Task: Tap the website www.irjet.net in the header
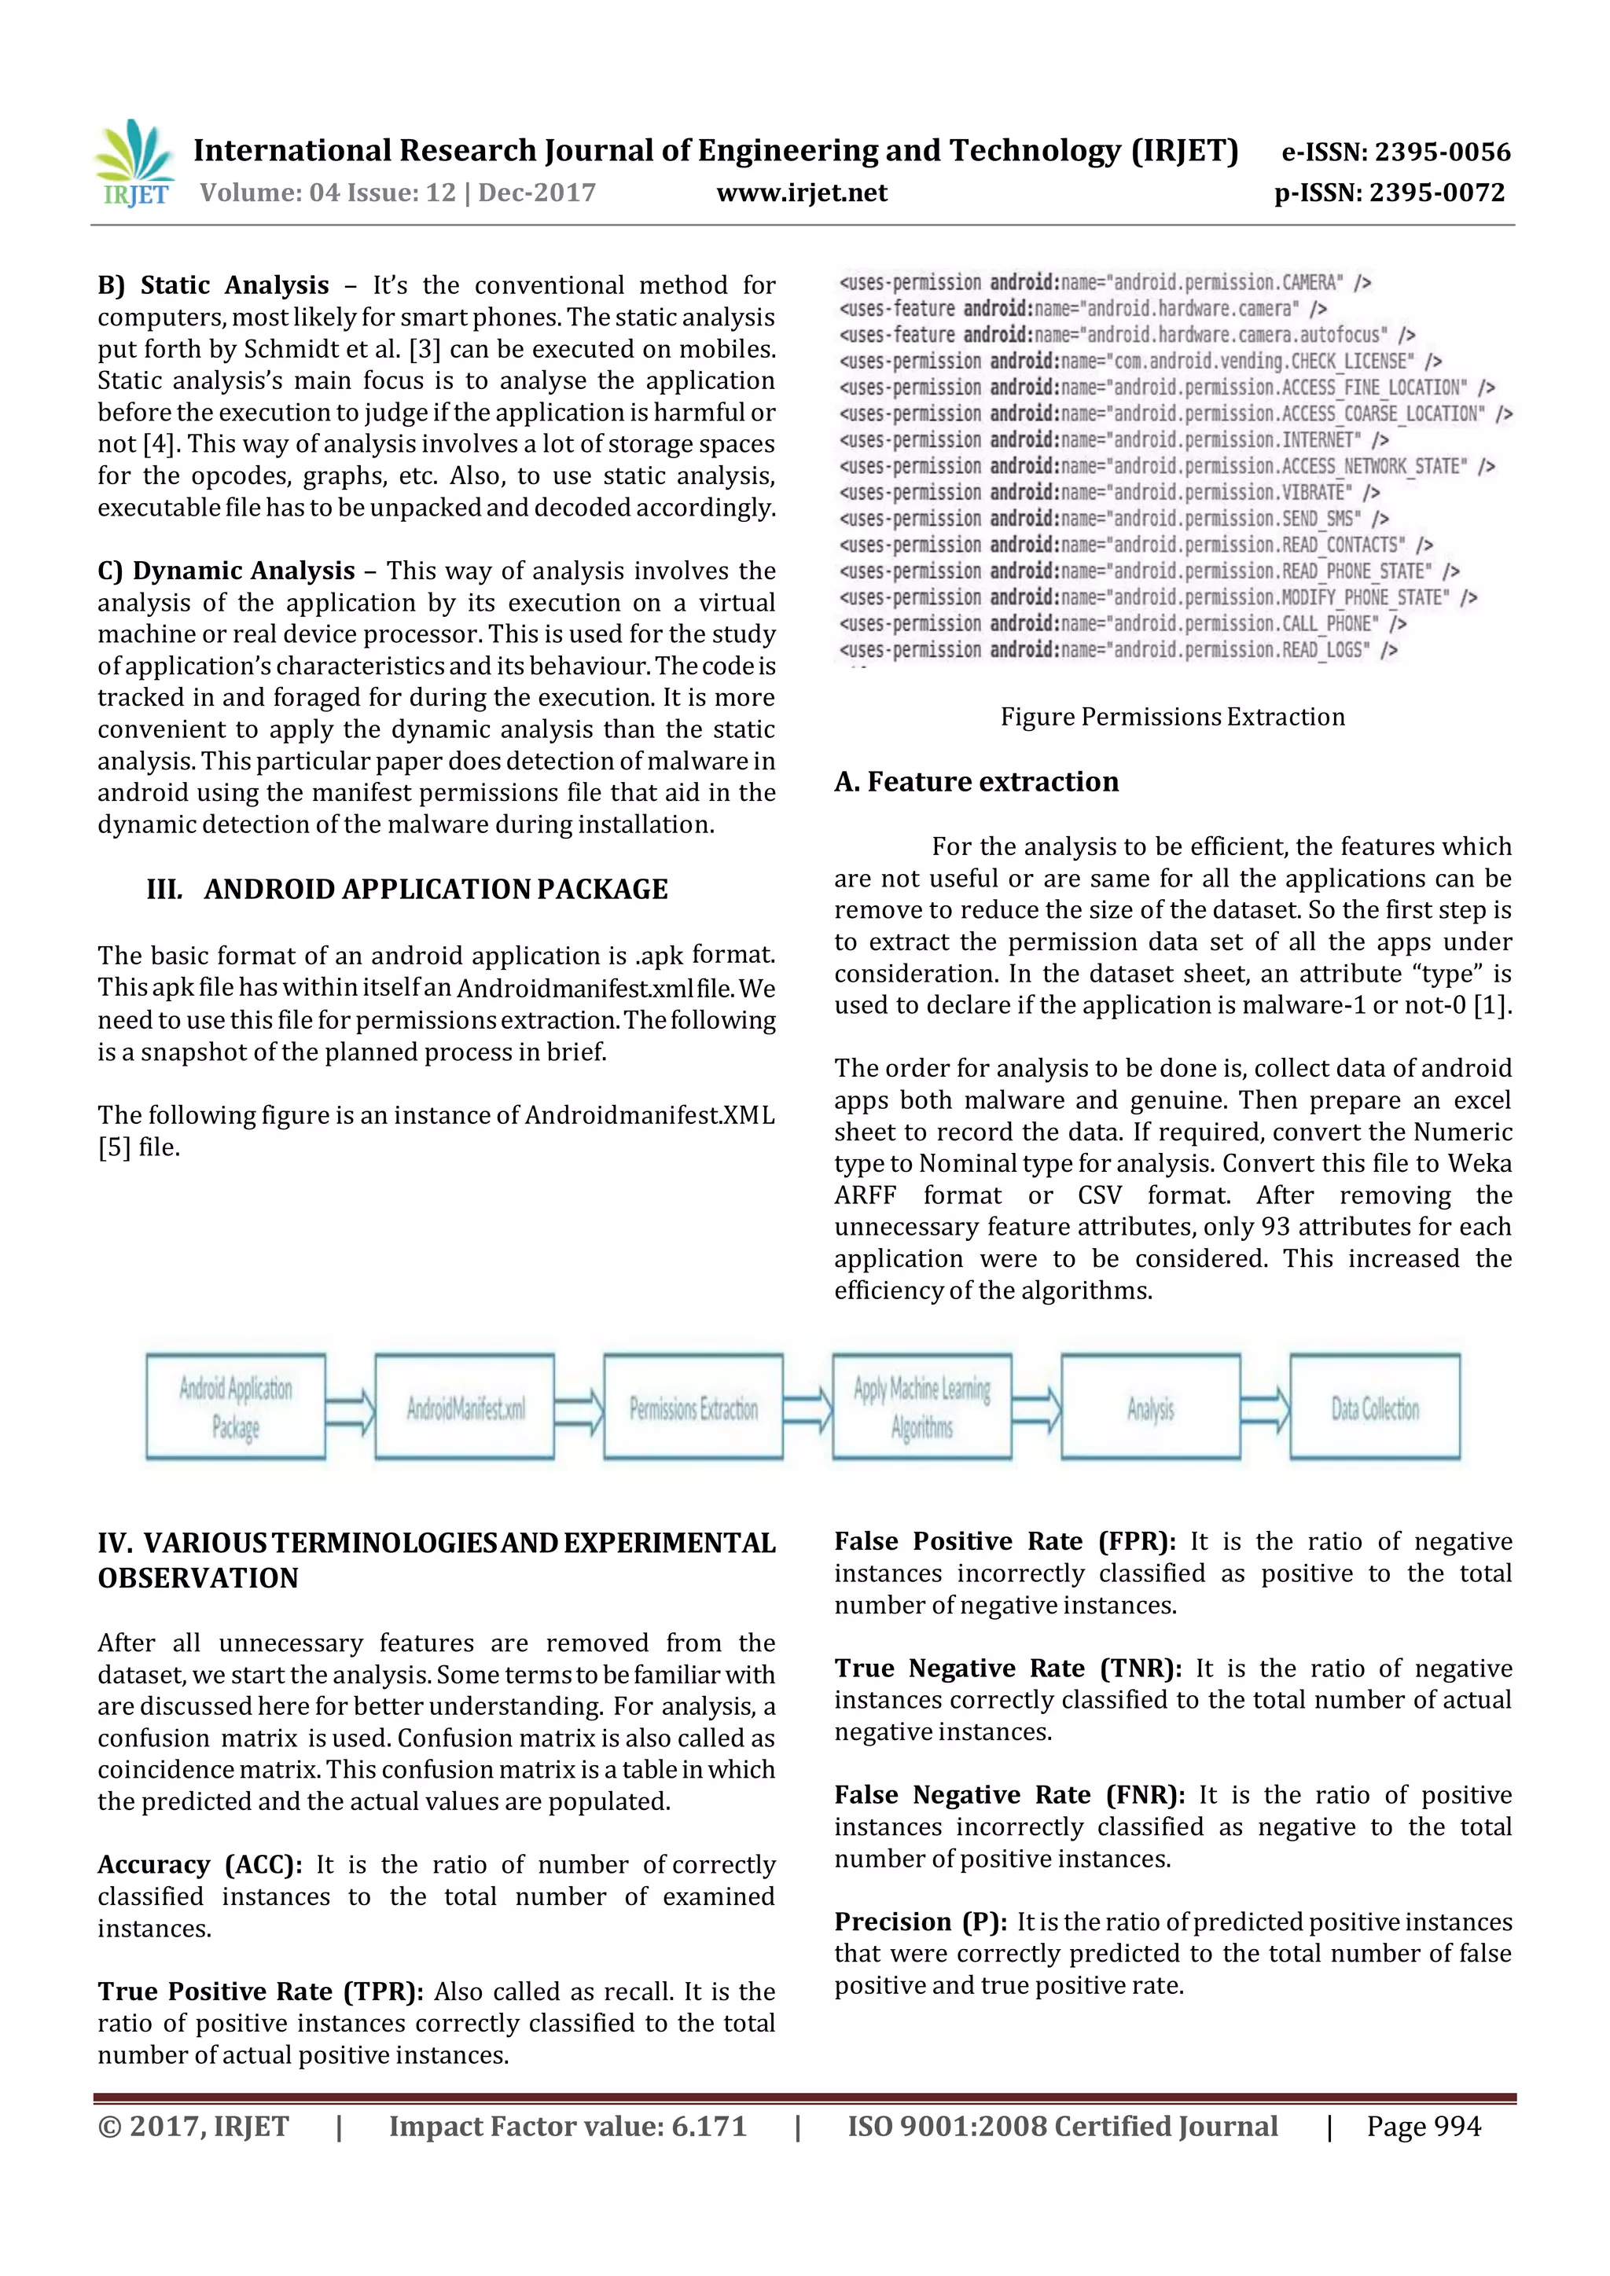point(801,193)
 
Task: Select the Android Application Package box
point(236,1407)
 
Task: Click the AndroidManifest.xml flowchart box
point(464,1407)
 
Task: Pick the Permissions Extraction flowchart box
point(693,1407)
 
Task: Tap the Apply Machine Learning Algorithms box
point(922,1407)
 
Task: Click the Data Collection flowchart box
point(1374,1407)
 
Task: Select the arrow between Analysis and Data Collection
point(1265,1408)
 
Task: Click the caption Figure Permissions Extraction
point(1172,717)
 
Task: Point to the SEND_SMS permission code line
point(1113,519)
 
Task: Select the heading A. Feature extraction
point(976,782)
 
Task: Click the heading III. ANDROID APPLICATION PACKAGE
point(406,889)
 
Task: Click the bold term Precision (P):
point(920,1922)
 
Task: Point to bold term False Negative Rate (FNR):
point(1009,1795)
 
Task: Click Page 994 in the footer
point(1423,2127)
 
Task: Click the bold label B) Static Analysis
point(213,285)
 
